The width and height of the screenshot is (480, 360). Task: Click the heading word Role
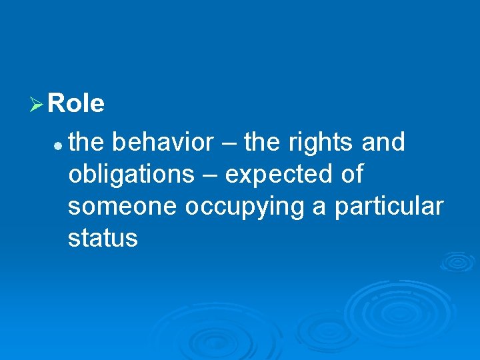(x=77, y=104)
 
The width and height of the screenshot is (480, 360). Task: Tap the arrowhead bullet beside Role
(x=37, y=105)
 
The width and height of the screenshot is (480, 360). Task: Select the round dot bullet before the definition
(x=59, y=144)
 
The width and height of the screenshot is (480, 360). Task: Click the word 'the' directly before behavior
(x=87, y=142)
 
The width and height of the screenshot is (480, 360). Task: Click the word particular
(x=389, y=207)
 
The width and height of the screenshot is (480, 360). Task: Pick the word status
(x=103, y=239)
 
